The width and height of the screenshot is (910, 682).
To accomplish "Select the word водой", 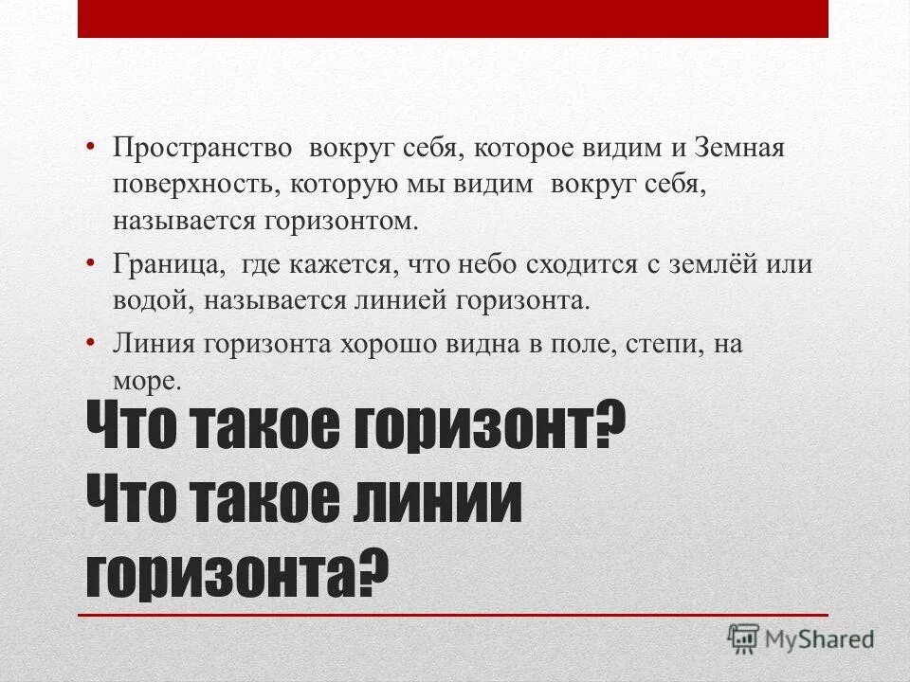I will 147,300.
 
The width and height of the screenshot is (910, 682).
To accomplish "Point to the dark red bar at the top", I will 453,19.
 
